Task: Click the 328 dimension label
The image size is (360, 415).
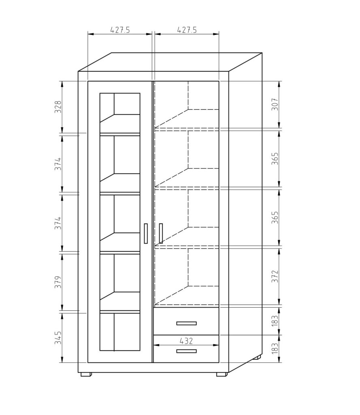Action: tap(58, 107)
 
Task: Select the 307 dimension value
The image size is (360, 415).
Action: tap(275, 104)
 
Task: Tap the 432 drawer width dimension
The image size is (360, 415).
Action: tap(186, 341)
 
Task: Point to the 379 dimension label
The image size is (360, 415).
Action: tap(58, 282)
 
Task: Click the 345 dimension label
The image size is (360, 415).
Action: tap(58, 338)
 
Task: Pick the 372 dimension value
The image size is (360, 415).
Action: tap(275, 276)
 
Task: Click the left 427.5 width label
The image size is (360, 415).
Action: tap(120, 30)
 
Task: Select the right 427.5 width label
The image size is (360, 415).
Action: tap(187, 30)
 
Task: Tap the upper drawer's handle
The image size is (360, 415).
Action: tap(187, 323)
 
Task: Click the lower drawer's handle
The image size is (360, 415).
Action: tap(187, 351)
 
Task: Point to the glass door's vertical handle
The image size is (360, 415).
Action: tap(146, 233)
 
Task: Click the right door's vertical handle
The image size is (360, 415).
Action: tap(161, 233)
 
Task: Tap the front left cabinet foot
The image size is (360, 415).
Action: tap(86, 374)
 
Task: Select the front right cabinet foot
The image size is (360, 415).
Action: tap(222, 374)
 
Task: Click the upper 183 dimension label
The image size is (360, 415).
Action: tap(275, 321)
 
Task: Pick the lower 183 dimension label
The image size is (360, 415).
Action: tap(275, 348)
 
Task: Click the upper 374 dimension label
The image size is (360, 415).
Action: tap(58, 164)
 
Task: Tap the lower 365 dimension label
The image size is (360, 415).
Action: tap(275, 217)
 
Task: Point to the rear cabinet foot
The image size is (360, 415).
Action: tap(257, 357)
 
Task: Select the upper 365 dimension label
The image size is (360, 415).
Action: tap(275, 158)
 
